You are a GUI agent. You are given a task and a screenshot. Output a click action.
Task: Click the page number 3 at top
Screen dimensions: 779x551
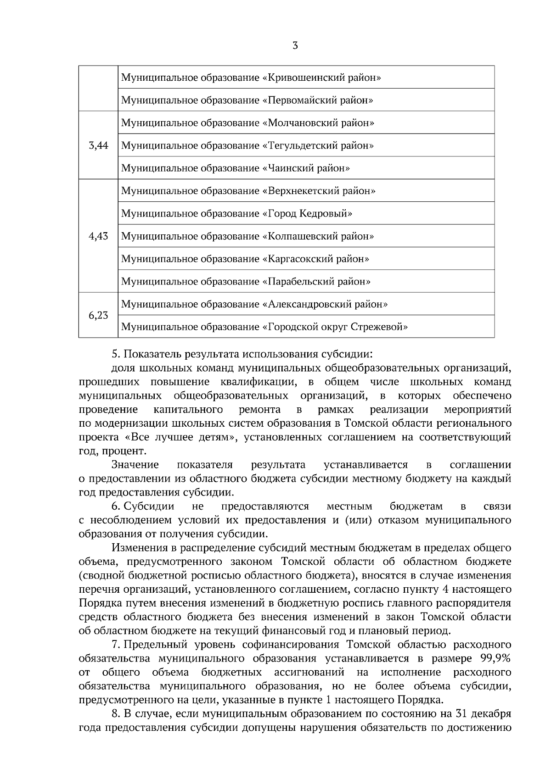coord(295,45)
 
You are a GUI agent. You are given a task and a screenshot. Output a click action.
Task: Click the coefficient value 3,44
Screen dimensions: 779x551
coord(98,145)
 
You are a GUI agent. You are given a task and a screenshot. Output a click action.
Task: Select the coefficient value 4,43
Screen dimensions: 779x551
coord(98,236)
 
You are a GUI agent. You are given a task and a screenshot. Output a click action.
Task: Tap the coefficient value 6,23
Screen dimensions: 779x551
coord(98,315)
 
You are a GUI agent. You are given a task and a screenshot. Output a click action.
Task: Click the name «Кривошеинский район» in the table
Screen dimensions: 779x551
coord(321,78)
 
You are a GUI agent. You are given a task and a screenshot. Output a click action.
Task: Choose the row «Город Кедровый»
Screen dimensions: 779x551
coord(307,213)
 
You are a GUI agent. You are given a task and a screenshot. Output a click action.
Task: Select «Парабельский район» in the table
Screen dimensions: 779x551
coord(316,281)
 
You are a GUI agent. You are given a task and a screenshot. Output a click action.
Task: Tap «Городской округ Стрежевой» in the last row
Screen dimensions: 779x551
coord(335,327)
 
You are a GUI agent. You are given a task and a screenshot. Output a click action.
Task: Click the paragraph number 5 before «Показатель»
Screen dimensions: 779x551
coord(115,354)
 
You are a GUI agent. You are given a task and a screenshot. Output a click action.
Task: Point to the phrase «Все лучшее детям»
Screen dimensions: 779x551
coord(180,437)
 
